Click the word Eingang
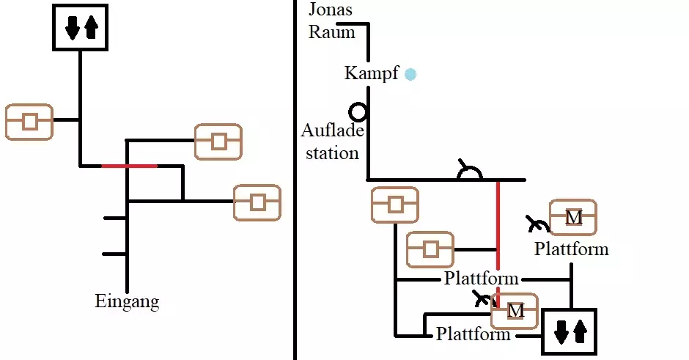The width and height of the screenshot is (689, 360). [127, 301]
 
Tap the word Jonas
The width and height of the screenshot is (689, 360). [331, 10]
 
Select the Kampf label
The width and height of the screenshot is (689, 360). [372, 73]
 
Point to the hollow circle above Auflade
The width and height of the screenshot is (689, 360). [358, 112]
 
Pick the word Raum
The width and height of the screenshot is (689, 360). [331, 32]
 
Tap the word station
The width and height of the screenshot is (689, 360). [333, 153]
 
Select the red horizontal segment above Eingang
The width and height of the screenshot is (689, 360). [129, 166]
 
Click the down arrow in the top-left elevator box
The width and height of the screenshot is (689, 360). [72, 29]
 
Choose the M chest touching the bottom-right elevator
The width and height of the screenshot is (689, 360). [515, 311]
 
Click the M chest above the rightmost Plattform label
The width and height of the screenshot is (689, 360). [573, 218]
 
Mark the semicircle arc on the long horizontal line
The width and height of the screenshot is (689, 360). [469, 173]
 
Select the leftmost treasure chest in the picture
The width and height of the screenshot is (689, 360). [29, 122]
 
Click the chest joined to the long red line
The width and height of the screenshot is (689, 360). [430, 250]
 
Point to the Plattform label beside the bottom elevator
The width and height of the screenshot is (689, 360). [473, 334]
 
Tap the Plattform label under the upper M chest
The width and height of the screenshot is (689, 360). [571, 249]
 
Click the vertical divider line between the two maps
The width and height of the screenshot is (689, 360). [295, 180]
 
